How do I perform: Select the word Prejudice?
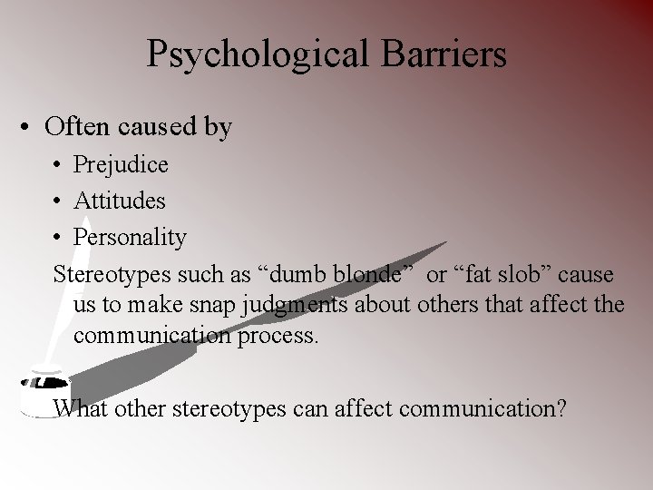coord(121,164)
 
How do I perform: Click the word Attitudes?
coord(120,201)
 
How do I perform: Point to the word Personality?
coord(130,238)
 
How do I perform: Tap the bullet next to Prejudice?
coord(56,165)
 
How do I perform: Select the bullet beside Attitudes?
coord(56,201)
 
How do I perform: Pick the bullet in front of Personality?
coord(56,238)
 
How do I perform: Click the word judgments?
coord(295,305)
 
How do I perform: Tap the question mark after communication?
coord(561,408)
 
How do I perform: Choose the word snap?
coord(210,305)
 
